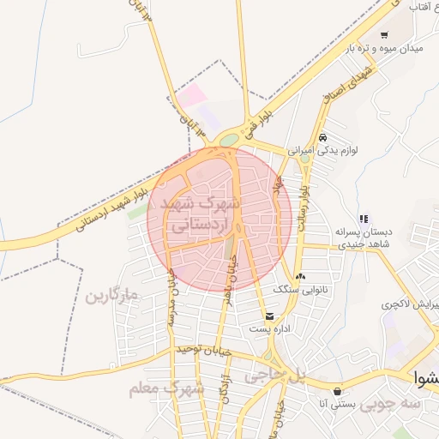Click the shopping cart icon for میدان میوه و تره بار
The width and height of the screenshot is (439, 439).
[384, 35]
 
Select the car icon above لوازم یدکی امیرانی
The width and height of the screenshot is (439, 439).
[322, 137]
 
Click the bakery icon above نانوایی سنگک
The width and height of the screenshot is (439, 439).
[300, 276]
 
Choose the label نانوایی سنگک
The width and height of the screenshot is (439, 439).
[317, 290]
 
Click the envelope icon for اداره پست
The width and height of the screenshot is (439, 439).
[270, 316]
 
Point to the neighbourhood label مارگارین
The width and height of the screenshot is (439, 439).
[111, 297]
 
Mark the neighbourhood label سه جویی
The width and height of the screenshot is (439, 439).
[390, 401]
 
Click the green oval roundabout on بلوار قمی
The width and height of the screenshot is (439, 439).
[229, 140]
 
